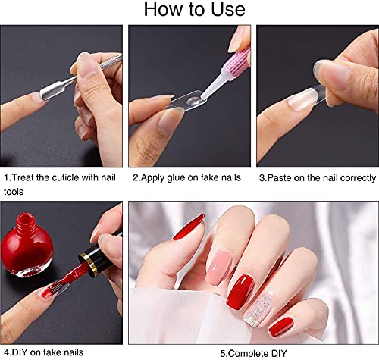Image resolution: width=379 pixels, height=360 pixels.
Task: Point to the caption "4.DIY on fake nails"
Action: pos(44,352)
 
